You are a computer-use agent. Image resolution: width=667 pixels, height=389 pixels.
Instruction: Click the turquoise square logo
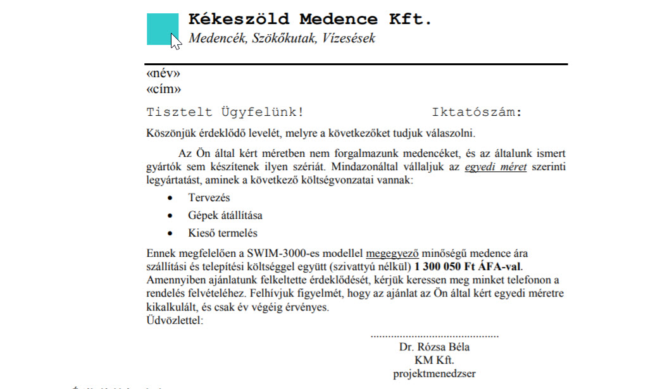coord(161,28)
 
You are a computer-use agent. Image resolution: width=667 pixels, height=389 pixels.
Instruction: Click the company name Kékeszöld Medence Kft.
coord(310,19)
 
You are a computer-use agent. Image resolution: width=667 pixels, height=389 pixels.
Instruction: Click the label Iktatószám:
coord(477,113)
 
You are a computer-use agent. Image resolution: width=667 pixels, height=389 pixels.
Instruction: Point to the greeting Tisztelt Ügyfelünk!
coord(225,113)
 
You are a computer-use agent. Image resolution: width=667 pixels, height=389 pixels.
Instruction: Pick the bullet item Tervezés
coord(209,198)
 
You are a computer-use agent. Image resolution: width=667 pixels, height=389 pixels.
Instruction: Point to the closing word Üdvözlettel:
coord(175,321)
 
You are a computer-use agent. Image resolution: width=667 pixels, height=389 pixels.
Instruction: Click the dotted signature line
coord(434,335)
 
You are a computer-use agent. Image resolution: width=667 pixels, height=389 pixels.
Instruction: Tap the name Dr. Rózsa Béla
coord(434,347)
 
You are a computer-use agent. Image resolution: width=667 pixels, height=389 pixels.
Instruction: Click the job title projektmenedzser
coord(434,373)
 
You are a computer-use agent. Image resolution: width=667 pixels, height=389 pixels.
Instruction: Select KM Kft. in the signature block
coord(434,361)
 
